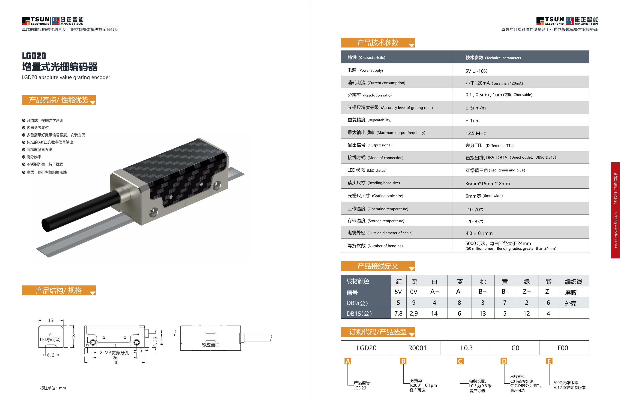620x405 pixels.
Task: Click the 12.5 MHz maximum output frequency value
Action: coord(475,133)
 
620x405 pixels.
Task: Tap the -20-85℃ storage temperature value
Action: coord(475,221)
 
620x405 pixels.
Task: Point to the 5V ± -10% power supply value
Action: coord(476,71)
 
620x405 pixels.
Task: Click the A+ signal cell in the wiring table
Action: coord(434,292)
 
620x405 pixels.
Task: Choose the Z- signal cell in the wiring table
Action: coord(548,292)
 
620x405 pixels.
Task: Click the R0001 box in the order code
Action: coord(417,348)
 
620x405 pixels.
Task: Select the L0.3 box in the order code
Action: coord(467,348)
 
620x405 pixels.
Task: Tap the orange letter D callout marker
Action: coord(504,361)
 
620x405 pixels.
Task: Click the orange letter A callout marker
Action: coord(348,361)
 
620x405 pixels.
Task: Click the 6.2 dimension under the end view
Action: coord(51,355)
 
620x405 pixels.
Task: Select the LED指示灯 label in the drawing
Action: coord(50,339)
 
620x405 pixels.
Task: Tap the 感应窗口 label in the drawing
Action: coord(210,345)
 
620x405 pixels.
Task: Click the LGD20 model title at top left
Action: coord(34,56)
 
